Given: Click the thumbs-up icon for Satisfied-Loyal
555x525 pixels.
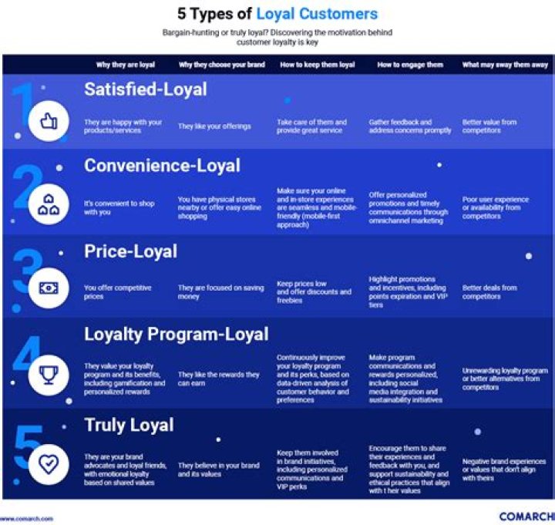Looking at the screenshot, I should point(49,122).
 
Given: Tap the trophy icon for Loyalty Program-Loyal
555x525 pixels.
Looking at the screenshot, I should point(49,375).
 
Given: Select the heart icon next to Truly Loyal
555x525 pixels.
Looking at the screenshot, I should point(49,463).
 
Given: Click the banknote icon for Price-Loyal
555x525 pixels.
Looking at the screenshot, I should point(49,289).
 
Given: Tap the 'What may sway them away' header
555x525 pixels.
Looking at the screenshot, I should point(505,65).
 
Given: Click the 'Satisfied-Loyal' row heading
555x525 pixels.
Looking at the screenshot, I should point(146,89).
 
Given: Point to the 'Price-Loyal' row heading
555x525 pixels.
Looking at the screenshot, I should point(130,251).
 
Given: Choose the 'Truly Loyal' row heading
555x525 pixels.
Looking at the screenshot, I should point(129,426).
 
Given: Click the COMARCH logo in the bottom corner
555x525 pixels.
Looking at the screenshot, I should point(526,517).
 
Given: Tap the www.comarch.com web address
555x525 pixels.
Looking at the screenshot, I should point(27,519).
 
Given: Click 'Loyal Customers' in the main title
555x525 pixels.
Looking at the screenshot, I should point(317,14).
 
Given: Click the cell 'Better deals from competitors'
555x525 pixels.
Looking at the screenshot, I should point(489,292).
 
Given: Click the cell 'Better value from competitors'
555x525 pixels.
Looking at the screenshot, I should point(489,126).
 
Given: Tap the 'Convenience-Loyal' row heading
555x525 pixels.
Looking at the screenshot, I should point(163,166).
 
